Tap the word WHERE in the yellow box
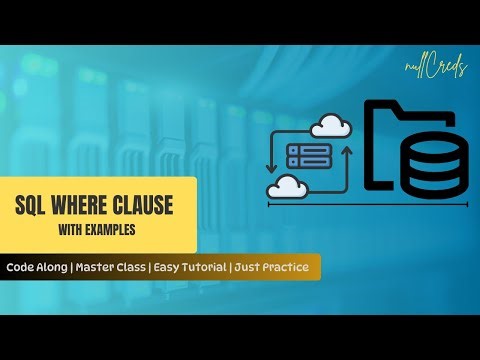81,206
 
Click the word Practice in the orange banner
290,268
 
